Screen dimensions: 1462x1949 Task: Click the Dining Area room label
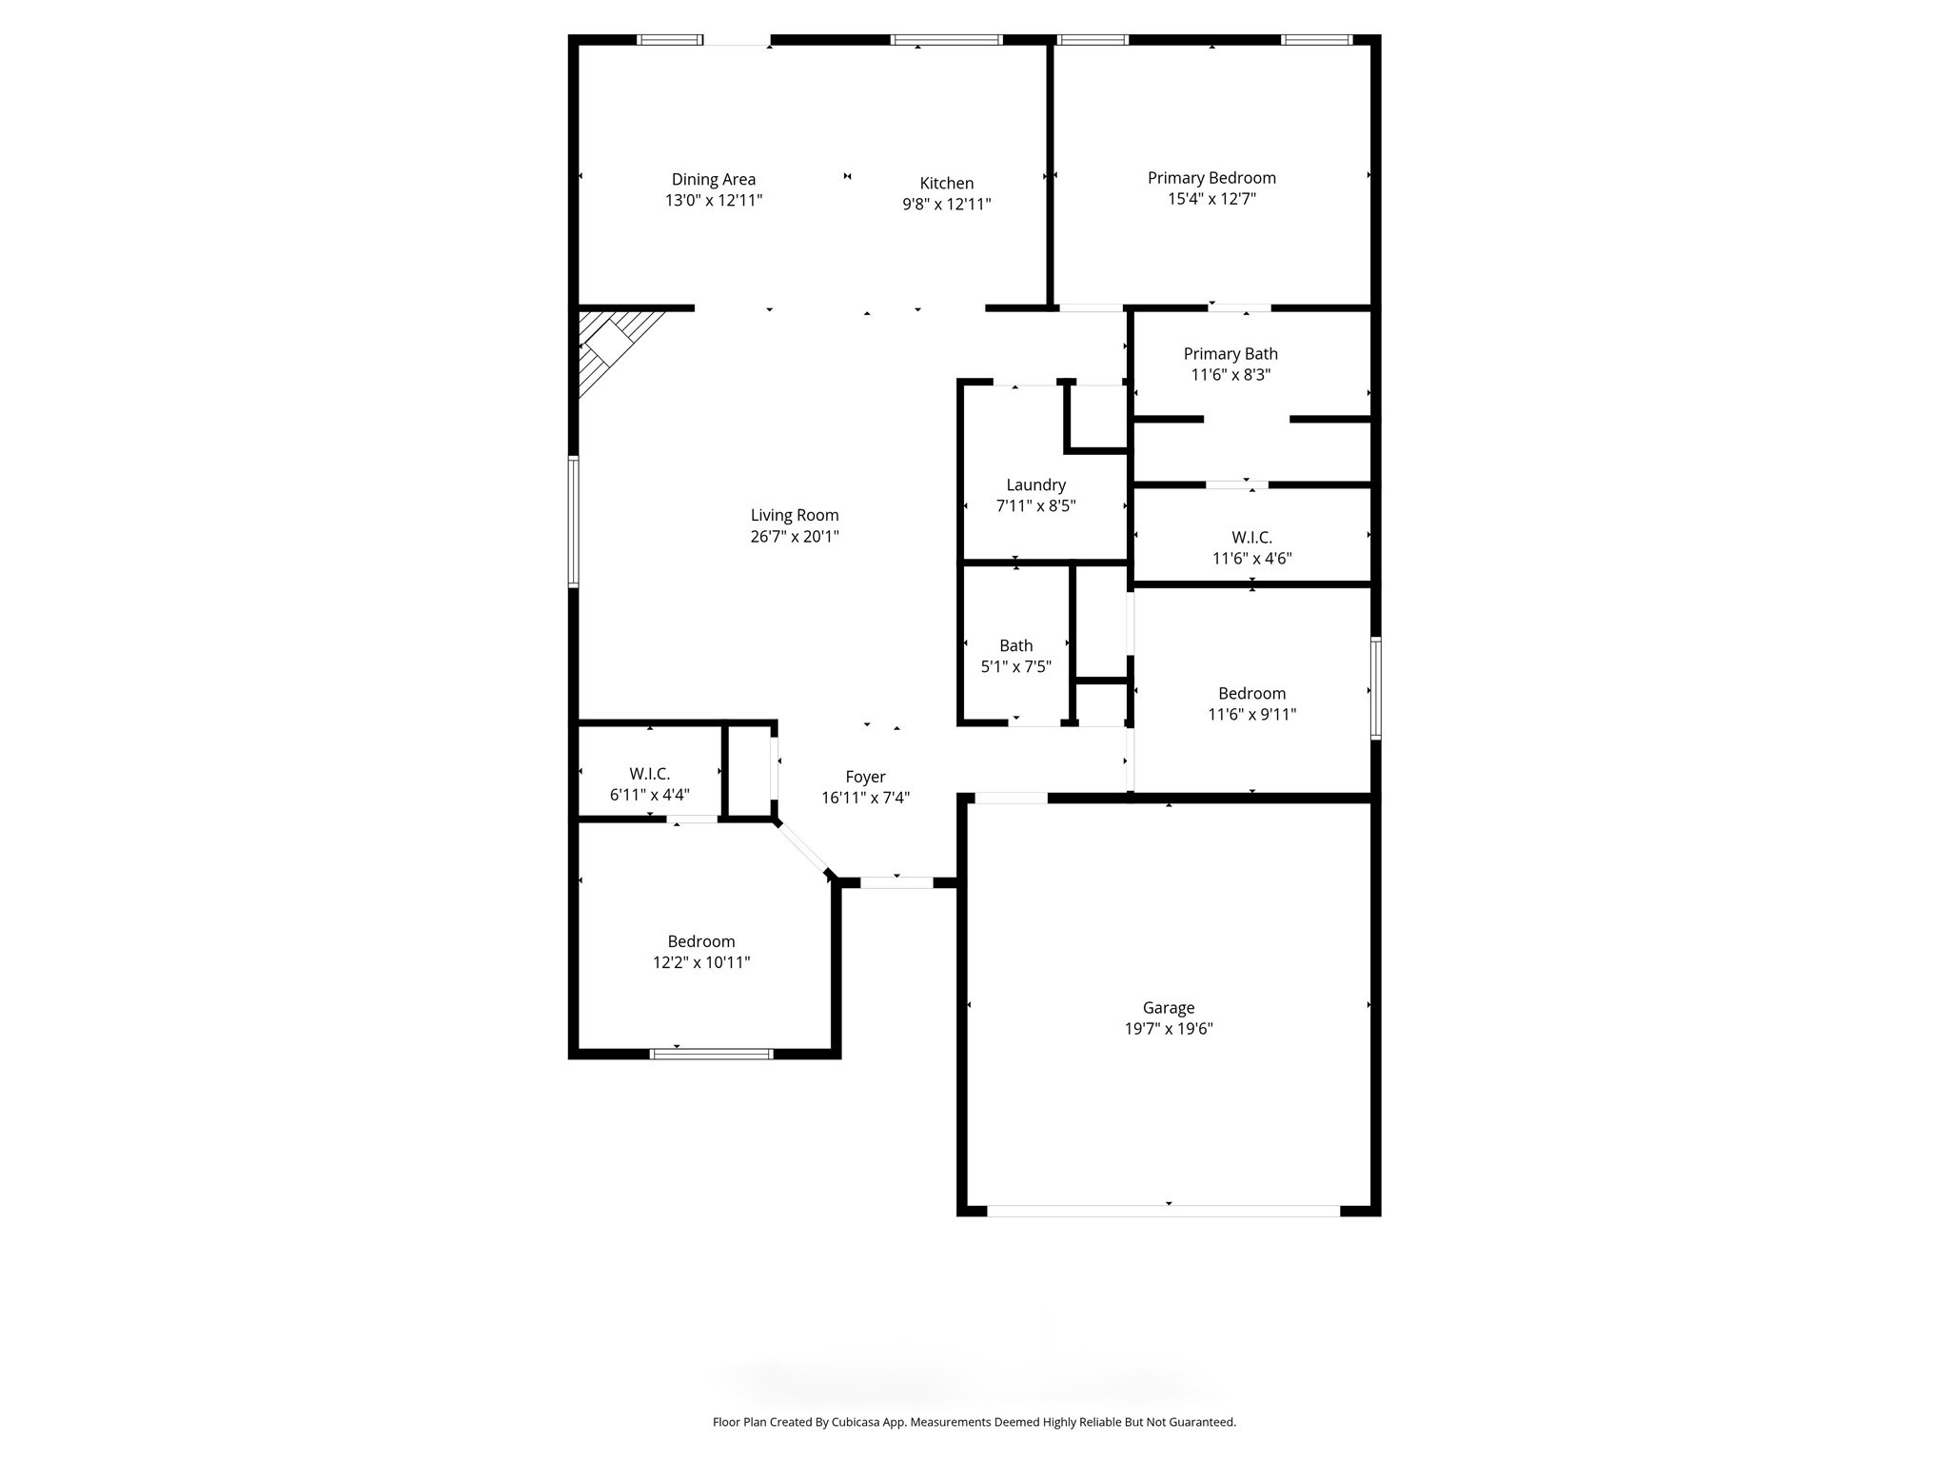click(713, 179)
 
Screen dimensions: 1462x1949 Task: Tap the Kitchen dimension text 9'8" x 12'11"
click(946, 204)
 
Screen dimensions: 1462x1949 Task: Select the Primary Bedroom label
click(1211, 178)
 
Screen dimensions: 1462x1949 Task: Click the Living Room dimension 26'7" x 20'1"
click(794, 537)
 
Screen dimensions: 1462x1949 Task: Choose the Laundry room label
click(1035, 484)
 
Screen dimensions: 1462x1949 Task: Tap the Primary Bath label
click(1230, 353)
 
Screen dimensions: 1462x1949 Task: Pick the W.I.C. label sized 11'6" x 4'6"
click(1250, 538)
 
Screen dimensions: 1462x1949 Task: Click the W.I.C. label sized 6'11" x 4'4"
click(649, 774)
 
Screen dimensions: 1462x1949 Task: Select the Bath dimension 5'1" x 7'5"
click(1015, 666)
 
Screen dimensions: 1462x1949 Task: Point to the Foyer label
click(865, 777)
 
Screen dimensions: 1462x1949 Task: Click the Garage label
click(1168, 1007)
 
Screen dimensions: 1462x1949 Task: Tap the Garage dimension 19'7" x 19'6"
click(1168, 1029)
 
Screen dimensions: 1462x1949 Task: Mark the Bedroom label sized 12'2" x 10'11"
click(700, 941)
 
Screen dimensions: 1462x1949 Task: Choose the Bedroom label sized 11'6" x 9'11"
click(1250, 693)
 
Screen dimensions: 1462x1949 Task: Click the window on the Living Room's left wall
click(574, 522)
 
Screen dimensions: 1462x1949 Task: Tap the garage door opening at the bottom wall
click(1163, 1211)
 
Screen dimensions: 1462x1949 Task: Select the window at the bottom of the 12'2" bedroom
click(711, 1054)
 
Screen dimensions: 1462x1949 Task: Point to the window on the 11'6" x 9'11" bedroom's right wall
click(1375, 688)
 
